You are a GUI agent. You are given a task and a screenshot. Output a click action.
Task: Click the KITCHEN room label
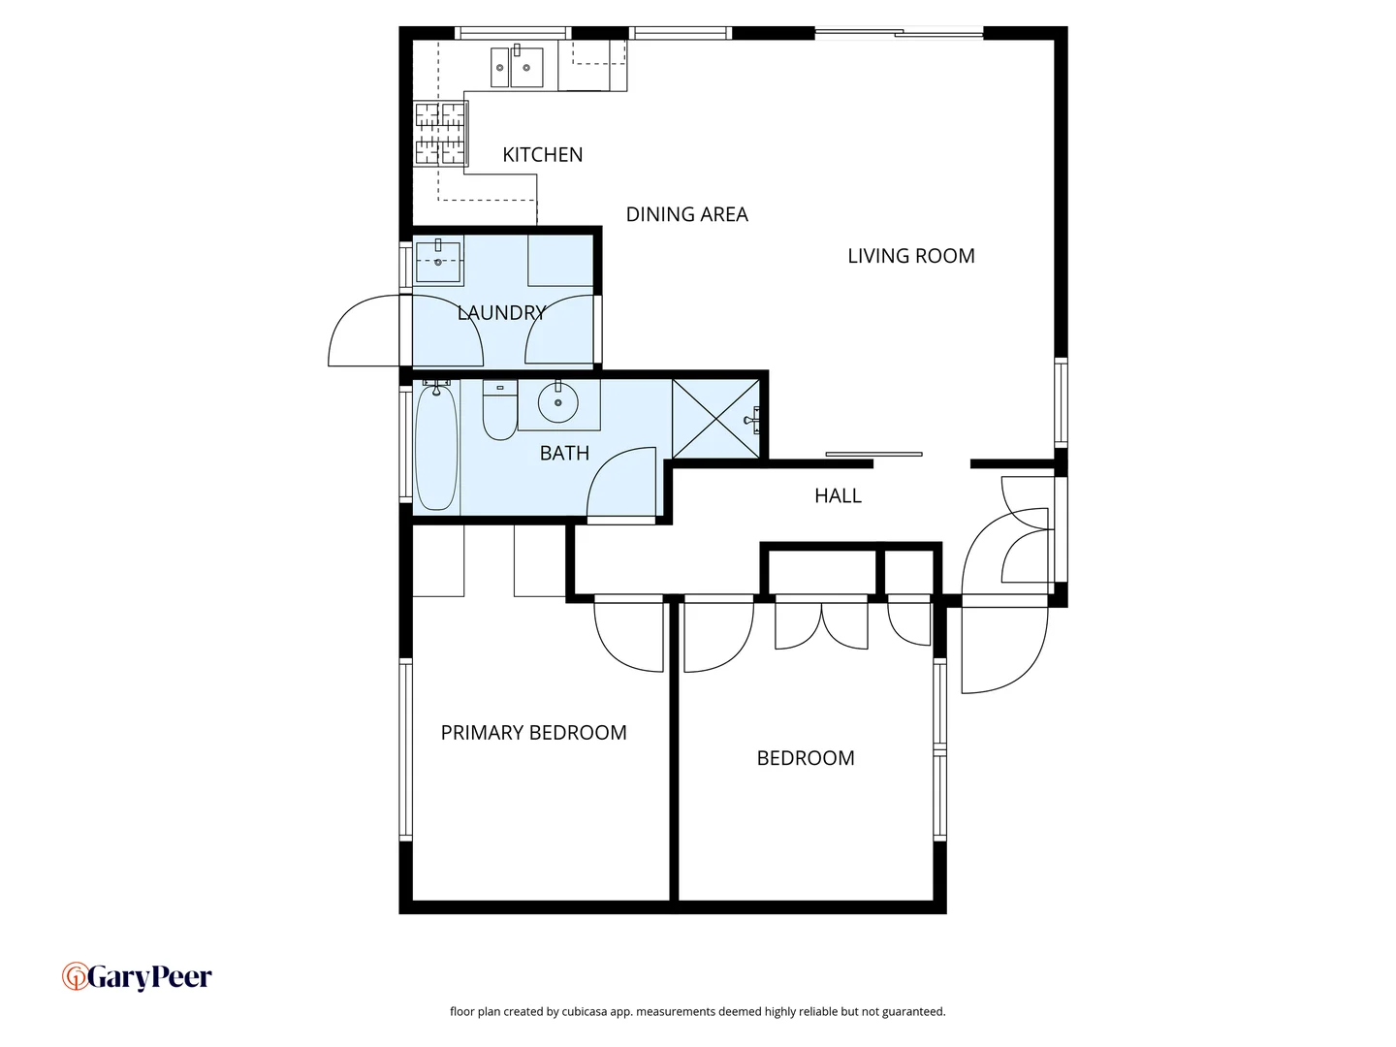(542, 155)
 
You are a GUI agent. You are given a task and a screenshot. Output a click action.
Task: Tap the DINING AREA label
(686, 214)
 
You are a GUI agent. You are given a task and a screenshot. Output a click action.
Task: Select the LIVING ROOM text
(910, 256)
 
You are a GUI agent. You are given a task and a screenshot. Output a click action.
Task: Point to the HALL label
(838, 496)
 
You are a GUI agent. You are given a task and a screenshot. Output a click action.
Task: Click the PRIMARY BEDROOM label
(533, 733)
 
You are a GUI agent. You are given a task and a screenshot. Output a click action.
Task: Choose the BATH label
(564, 453)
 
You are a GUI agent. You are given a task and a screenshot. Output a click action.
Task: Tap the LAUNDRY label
(501, 312)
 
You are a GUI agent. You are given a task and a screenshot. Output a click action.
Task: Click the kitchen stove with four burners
(440, 133)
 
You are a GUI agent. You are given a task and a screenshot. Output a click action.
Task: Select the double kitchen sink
(517, 67)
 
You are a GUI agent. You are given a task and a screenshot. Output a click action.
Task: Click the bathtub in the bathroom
(436, 447)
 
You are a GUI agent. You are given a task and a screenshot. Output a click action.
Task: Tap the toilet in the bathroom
(500, 411)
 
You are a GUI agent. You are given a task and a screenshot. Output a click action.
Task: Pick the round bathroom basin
(558, 402)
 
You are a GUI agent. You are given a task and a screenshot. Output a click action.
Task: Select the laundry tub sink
(438, 260)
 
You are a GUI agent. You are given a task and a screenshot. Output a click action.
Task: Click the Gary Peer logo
(137, 976)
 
